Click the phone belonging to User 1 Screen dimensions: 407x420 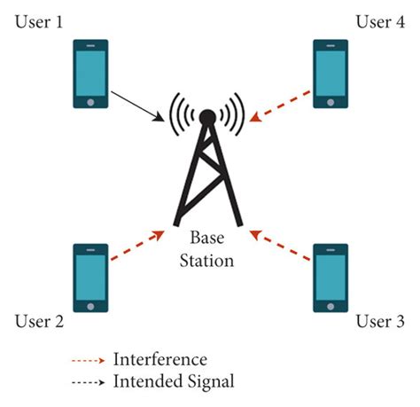click(x=89, y=73)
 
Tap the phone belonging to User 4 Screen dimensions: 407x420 click(x=330, y=73)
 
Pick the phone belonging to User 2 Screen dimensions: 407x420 click(x=89, y=278)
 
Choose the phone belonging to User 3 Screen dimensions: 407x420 click(x=330, y=278)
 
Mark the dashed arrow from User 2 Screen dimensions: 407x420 click(x=137, y=246)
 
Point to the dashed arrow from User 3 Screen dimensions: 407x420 click(x=280, y=246)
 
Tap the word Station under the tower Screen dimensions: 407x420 click(x=209, y=261)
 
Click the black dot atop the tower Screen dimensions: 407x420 click(x=207, y=115)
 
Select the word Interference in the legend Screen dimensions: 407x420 click(x=159, y=360)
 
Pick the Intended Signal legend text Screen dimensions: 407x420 click(x=173, y=381)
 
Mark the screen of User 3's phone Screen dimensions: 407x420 click(x=330, y=276)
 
